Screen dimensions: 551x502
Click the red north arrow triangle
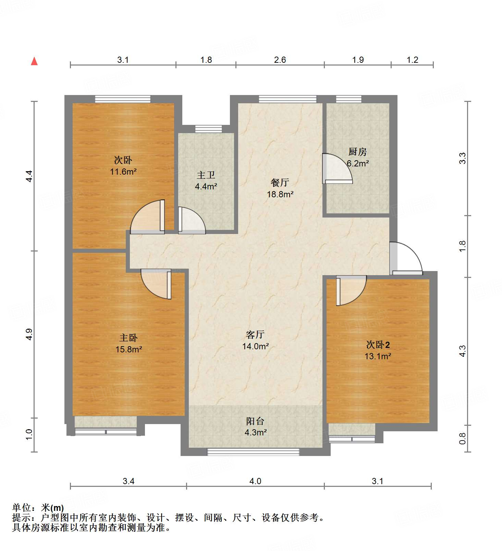[34, 61]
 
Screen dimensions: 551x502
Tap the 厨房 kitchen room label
[357, 151]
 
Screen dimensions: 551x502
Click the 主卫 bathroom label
[206, 175]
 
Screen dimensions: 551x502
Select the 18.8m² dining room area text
[280, 194]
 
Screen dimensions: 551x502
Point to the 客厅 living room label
[255, 334]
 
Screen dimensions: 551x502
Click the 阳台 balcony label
[255, 421]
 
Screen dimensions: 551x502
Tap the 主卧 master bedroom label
[128, 338]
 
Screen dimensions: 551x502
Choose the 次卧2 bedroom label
[378, 344]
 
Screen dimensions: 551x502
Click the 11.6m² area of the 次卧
[123, 172]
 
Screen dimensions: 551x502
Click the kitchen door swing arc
[338, 168]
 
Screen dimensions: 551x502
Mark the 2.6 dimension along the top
[280, 60]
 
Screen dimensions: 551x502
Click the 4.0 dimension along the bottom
[255, 481]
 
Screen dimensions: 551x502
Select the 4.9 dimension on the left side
[29, 334]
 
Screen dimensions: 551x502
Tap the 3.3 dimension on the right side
[463, 158]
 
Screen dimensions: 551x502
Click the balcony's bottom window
[253, 452]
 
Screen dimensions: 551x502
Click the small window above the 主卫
[208, 129]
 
